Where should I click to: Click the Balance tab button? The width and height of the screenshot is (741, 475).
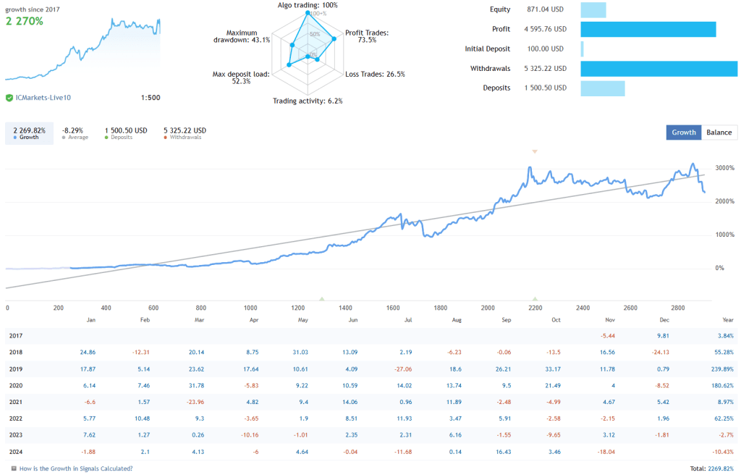719,132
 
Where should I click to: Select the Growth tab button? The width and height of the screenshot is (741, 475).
684,132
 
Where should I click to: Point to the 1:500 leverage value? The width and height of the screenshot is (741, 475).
150,98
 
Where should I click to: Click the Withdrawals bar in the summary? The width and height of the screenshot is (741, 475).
659,69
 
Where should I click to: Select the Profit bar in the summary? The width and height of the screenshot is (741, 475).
648,29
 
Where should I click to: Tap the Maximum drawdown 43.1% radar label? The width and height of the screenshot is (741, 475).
242,36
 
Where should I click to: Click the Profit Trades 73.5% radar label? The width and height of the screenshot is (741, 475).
367,36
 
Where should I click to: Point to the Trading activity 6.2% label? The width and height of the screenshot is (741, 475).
308,101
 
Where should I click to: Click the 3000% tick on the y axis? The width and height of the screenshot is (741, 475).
724,168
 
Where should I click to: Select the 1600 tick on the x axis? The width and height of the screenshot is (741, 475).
394,308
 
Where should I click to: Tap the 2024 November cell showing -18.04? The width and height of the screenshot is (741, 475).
605,452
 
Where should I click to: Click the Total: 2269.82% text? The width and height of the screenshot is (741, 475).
711,468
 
